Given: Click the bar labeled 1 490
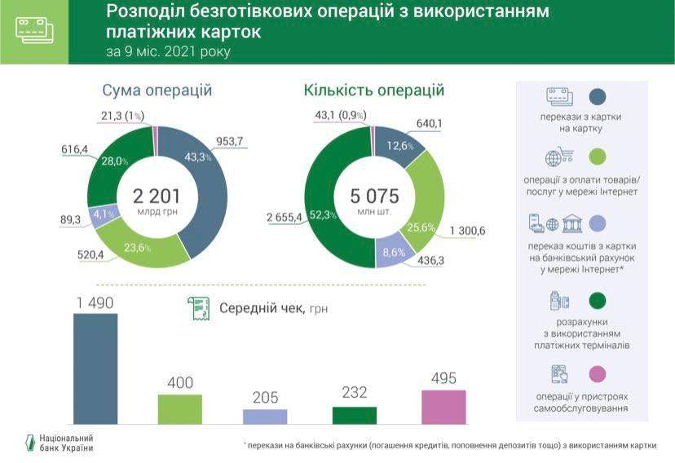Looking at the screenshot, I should (95, 368).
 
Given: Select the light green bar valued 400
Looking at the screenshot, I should (180, 409).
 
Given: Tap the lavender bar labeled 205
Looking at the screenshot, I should (265, 417).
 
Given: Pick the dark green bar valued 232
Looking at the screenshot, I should (355, 415).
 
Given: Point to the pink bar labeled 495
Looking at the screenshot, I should (443, 407).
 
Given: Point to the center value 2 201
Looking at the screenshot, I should (157, 196).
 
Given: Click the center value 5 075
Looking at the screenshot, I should (374, 196).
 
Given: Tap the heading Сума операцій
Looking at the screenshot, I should (157, 90).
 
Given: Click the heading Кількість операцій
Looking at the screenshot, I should (373, 90).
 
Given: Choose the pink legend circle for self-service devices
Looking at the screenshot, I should (598, 373).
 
